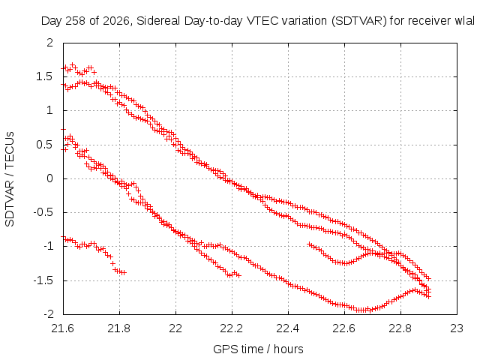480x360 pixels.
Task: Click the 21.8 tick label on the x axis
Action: [x=119, y=328]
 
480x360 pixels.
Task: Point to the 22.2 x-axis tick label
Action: [x=232, y=328]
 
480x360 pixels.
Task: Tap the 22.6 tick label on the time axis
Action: [x=344, y=328]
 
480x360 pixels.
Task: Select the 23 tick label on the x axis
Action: [x=457, y=328]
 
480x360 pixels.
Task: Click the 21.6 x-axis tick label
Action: [x=63, y=328]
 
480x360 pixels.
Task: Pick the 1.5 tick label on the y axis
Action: [x=44, y=76]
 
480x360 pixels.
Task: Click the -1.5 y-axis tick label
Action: [x=43, y=280]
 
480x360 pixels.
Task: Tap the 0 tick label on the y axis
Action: [x=50, y=178]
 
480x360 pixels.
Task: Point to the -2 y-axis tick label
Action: [x=48, y=314]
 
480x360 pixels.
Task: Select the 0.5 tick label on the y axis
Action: [x=44, y=145]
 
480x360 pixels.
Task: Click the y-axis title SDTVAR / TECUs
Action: [x=10, y=179]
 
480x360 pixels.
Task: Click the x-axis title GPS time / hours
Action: [x=258, y=349]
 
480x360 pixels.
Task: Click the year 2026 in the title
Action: [x=116, y=21]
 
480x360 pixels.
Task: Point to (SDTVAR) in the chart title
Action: [x=359, y=21]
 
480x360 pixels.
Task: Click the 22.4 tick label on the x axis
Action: [x=288, y=328]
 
